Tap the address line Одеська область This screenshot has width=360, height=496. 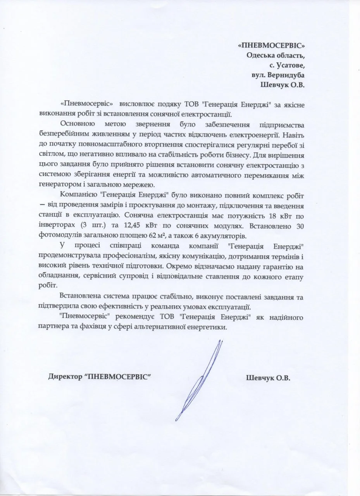point(276,55)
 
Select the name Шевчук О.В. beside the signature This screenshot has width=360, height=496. point(268,378)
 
